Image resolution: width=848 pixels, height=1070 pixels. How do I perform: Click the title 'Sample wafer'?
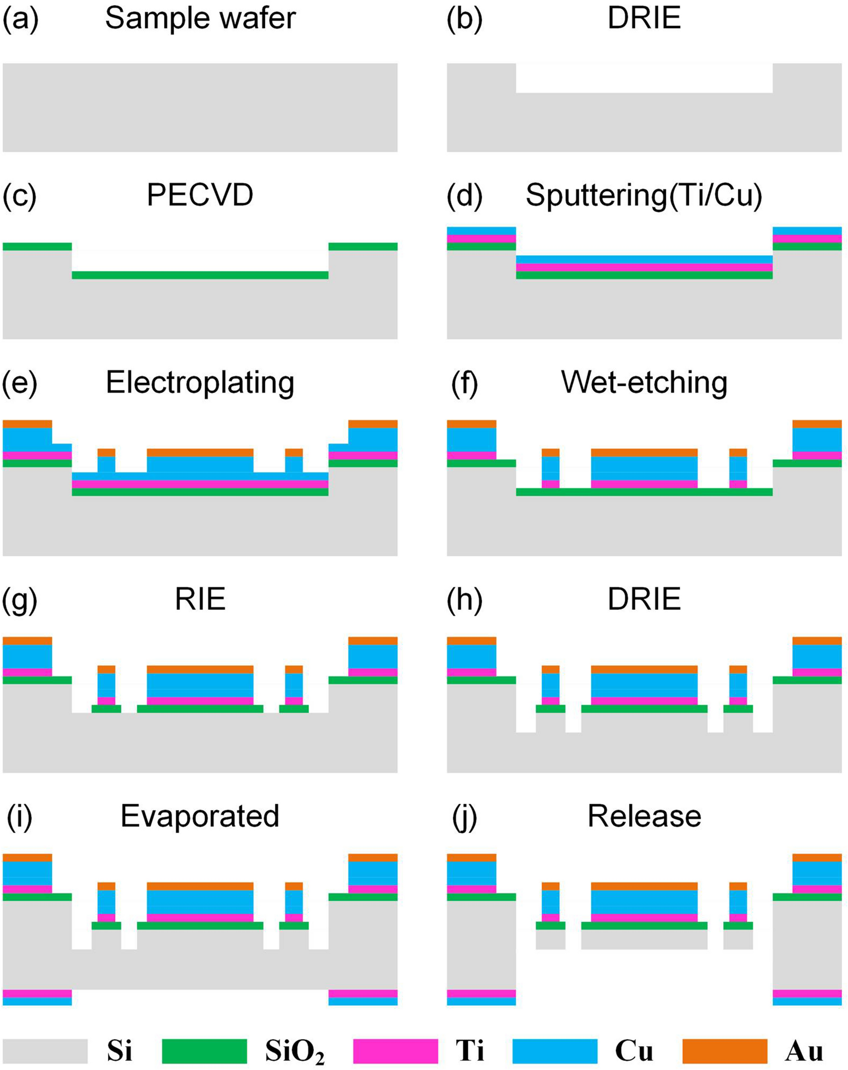(200, 19)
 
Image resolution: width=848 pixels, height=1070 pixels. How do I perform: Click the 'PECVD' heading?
(200, 196)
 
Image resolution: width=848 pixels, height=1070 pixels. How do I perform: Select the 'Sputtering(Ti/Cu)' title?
(644, 196)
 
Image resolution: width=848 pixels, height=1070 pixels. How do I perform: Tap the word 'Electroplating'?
(200, 383)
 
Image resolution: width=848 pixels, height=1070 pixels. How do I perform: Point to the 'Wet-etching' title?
(644, 383)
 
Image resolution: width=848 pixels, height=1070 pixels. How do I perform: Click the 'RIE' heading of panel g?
(200, 599)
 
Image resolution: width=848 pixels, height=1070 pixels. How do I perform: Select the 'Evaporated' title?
(200, 817)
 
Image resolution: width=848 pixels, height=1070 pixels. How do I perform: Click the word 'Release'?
(644, 817)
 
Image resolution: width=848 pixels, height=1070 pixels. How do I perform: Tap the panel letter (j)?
(464, 817)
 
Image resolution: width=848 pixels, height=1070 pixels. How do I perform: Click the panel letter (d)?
(464, 196)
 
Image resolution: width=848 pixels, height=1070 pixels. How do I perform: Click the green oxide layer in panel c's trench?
(200, 275)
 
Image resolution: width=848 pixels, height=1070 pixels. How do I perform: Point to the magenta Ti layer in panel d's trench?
(644, 267)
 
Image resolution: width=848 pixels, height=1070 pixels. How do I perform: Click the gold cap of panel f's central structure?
(644, 452)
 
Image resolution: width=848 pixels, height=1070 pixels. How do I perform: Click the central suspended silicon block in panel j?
(644, 939)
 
